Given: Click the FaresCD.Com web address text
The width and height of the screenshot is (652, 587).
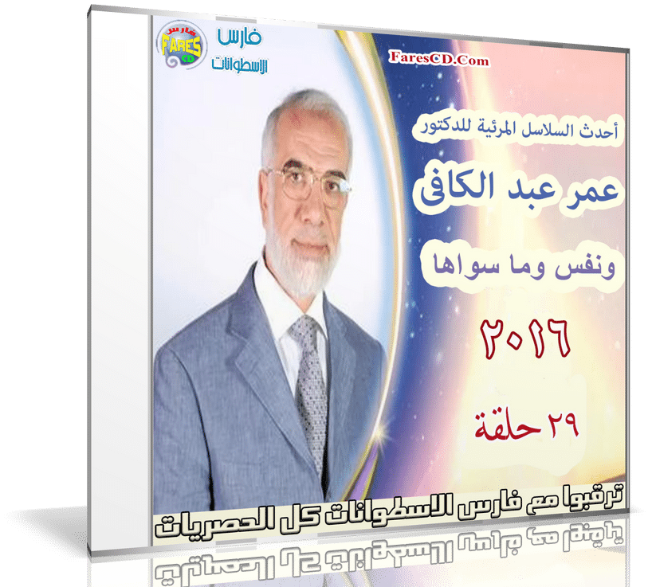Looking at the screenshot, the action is pyautogui.click(x=438, y=59).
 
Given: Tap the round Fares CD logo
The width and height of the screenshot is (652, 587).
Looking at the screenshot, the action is pyautogui.click(x=181, y=45).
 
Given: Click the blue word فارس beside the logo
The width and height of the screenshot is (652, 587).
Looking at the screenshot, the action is pyautogui.click(x=239, y=37).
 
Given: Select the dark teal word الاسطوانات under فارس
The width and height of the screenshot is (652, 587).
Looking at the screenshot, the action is pyautogui.click(x=240, y=64).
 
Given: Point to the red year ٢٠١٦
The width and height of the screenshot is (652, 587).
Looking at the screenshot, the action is pyautogui.click(x=525, y=339).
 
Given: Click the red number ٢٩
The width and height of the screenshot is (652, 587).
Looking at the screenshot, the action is pyautogui.click(x=562, y=425).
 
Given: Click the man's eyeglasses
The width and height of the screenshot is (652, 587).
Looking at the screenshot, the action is pyautogui.click(x=308, y=186).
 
